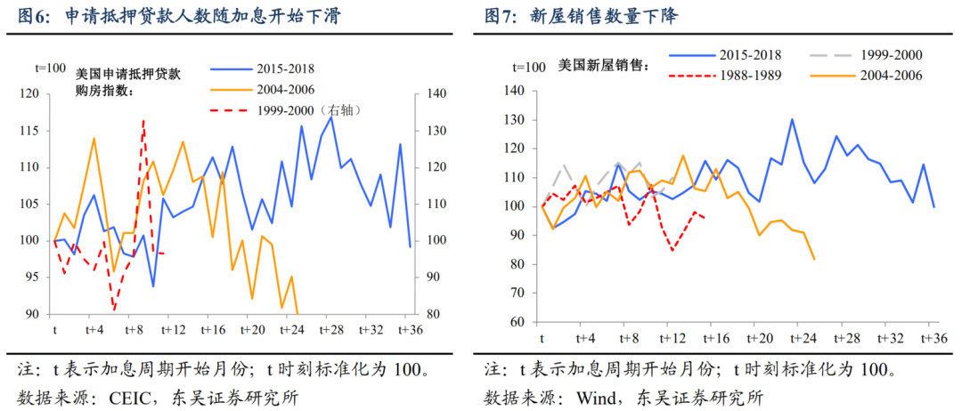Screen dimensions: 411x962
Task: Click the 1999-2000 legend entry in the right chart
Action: coord(891,55)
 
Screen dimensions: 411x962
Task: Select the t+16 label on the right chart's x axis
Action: coord(716,338)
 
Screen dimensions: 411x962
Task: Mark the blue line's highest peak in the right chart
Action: coord(792,119)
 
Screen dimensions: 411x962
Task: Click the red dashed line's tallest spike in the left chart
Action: coord(143,120)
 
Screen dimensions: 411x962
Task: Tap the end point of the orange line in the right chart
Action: coord(814,259)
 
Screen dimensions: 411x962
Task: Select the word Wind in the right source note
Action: coord(601,396)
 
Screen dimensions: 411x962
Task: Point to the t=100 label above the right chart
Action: coord(529,68)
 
